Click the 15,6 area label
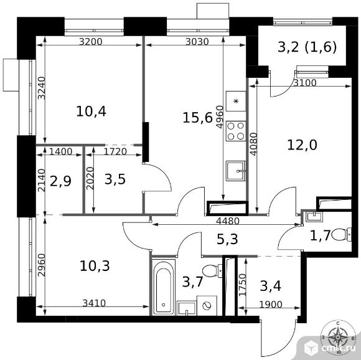tap(197, 118)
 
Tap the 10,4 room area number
tap(91, 111)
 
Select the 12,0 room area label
tap(302, 145)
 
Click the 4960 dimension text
tap(220, 116)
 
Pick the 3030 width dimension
tap(197, 42)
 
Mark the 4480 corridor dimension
tap(228, 221)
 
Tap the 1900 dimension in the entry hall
tap(271, 305)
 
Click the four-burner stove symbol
tap(236, 131)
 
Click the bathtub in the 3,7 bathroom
tap(164, 287)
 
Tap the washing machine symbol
tap(207, 306)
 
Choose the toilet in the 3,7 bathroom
tap(212, 270)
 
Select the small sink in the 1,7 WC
tap(314, 217)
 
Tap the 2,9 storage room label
tap(60, 181)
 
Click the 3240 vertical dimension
tap(42, 88)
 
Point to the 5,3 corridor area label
tap(227, 239)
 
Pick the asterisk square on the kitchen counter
tap(236, 101)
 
